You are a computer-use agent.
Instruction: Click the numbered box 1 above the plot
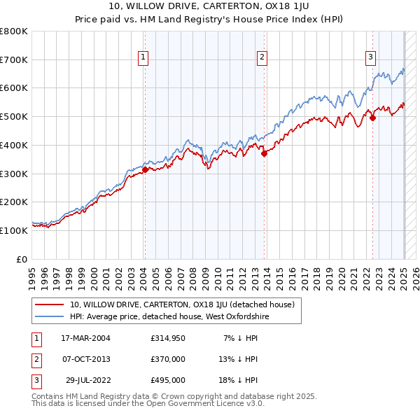(x=143, y=58)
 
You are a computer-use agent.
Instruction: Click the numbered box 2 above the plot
(x=262, y=58)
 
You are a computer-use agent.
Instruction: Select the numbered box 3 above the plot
(x=370, y=58)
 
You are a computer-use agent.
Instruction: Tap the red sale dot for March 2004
(x=145, y=169)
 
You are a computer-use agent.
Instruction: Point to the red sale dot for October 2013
(x=265, y=154)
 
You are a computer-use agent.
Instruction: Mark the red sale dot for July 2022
(x=372, y=118)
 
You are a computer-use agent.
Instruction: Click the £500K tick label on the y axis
(x=13, y=117)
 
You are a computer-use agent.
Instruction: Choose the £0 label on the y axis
(x=22, y=259)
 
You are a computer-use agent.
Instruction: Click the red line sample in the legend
(x=50, y=304)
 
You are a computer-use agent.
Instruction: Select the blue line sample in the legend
(x=50, y=316)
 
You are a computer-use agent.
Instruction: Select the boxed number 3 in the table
(x=34, y=380)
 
